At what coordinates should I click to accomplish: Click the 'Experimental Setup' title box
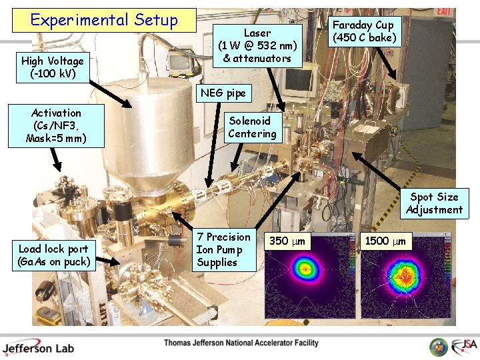104,21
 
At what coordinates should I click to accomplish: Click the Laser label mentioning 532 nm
257,45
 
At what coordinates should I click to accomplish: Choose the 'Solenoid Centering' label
252,127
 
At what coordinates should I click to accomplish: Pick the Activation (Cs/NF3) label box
56,126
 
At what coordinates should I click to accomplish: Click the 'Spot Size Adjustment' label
434,203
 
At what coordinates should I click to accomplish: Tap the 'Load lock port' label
54,255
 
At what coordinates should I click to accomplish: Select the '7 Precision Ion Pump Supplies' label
223,249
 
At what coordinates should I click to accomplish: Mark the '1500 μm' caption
386,239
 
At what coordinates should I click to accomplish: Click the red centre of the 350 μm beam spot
307,271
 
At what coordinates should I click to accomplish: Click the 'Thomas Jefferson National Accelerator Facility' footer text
241,343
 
